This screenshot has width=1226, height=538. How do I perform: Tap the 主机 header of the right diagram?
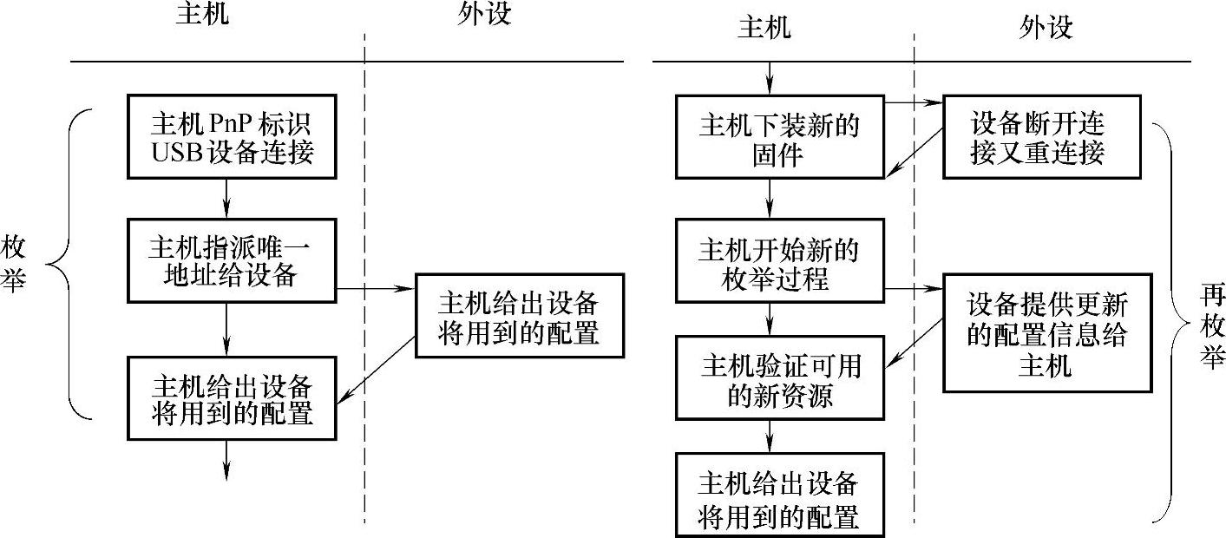tap(764, 26)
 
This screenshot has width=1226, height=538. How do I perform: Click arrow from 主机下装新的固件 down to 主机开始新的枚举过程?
tap(769, 198)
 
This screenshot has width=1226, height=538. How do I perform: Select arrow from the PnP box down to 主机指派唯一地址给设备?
tap(226, 198)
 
